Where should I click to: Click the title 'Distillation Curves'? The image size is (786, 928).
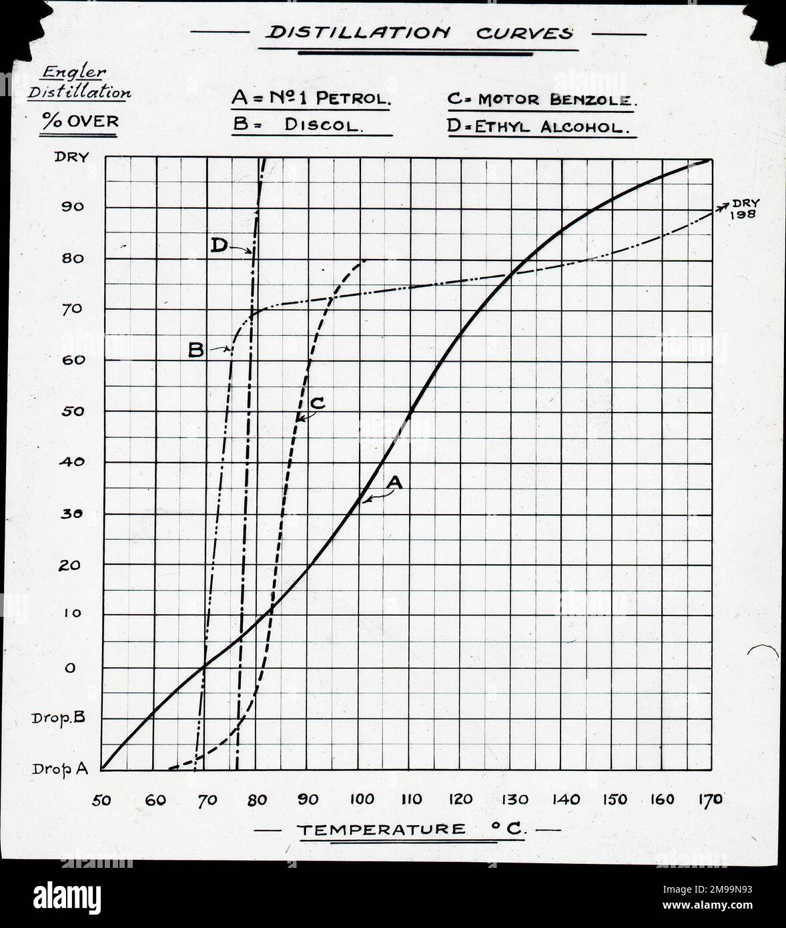pyautogui.click(x=418, y=33)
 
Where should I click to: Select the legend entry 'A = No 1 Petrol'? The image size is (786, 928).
pyautogui.click(x=311, y=99)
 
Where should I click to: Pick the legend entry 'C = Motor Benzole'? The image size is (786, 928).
pyautogui.click(x=541, y=100)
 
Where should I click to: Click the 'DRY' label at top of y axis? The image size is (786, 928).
pyautogui.click(x=71, y=157)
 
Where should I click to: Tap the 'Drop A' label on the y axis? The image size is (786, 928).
pyautogui.click(x=60, y=769)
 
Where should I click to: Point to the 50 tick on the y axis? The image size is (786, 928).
pyautogui.click(x=73, y=411)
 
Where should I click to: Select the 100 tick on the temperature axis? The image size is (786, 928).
pyautogui.click(x=361, y=799)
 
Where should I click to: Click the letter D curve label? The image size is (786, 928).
pyautogui.click(x=218, y=246)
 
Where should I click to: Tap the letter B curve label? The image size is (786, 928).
pyautogui.click(x=195, y=350)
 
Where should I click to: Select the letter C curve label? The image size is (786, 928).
pyautogui.click(x=318, y=403)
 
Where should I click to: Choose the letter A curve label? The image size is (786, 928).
pyautogui.click(x=396, y=482)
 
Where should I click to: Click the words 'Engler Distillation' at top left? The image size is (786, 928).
pyautogui.click(x=79, y=83)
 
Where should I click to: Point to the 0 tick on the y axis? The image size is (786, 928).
pyautogui.click(x=70, y=668)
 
